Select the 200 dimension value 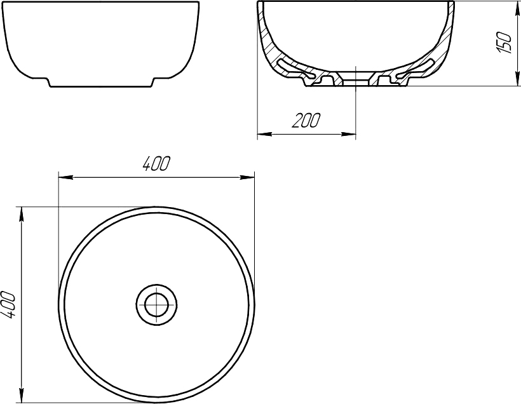point(306,121)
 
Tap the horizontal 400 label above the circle point(156,164)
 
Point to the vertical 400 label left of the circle point(8,305)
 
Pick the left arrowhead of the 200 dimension point(262,134)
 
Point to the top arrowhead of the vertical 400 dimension point(23,212)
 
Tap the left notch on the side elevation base point(48,81)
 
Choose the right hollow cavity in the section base point(416,68)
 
